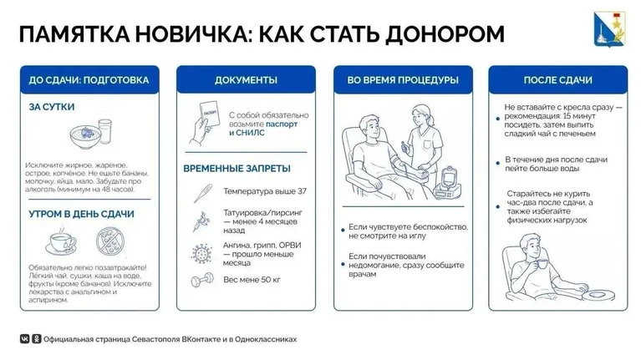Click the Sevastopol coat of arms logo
click(609, 29)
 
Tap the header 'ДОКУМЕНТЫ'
click(246, 80)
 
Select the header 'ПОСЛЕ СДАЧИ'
click(558, 80)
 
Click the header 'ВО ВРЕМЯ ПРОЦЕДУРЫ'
click(403, 80)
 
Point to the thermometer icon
click(203, 193)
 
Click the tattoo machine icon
click(201, 222)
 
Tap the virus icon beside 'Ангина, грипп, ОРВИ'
click(201, 254)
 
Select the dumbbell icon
click(202, 281)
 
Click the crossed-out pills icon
click(110, 241)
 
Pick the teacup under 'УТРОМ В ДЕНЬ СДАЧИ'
click(61, 241)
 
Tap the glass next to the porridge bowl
click(105, 131)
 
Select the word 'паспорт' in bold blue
click(282, 124)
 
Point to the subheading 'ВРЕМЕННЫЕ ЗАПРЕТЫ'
click(237, 169)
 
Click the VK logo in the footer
click(25, 339)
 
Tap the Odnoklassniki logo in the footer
click(37, 339)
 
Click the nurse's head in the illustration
click(421, 115)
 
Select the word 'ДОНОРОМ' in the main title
click(445, 34)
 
